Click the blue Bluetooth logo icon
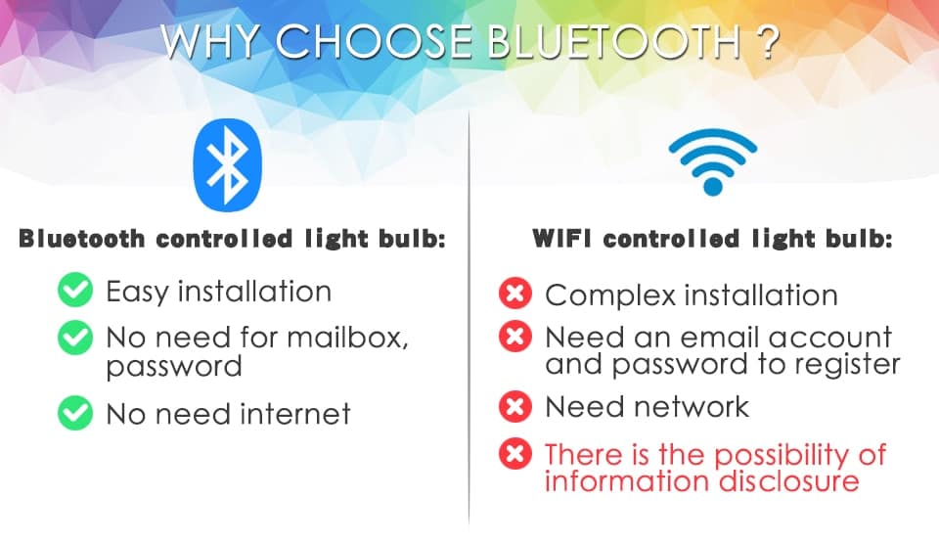[231, 165]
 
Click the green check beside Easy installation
[74, 292]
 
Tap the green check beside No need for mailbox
[74, 339]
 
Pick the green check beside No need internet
[74, 413]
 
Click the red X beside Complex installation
[514, 294]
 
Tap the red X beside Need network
[514, 406]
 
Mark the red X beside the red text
[514, 454]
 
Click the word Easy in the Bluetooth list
[139, 292]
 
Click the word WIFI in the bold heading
[561, 238]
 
